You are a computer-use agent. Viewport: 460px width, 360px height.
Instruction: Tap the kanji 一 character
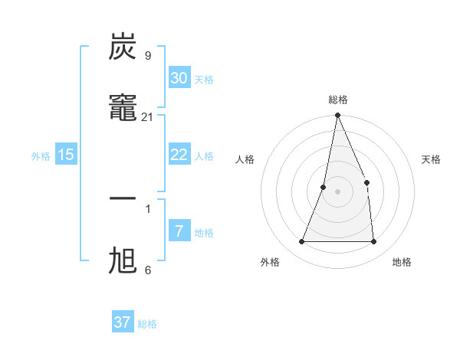(x=123, y=198)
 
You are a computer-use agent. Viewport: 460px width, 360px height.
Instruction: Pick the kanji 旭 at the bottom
(x=123, y=260)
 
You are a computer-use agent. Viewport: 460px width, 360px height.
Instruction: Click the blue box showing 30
(x=179, y=78)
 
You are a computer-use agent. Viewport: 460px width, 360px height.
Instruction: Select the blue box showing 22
(x=179, y=155)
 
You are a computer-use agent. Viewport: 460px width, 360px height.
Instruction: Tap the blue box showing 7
(x=179, y=231)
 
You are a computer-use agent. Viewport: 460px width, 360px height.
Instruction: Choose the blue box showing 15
(x=66, y=155)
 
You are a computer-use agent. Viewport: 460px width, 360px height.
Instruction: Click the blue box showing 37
(x=122, y=322)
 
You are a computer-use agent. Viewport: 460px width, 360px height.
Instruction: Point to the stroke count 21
(x=148, y=117)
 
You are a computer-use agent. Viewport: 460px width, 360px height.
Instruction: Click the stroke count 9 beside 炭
(x=148, y=56)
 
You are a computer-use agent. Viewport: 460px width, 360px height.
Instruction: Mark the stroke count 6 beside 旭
(x=148, y=270)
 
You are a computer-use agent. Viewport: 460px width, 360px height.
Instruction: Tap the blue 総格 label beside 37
(x=147, y=324)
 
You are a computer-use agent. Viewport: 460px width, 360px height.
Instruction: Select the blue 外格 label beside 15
(x=41, y=155)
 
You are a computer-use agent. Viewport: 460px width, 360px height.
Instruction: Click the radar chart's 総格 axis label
(x=338, y=100)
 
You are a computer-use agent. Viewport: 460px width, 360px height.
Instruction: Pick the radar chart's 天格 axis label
(x=432, y=159)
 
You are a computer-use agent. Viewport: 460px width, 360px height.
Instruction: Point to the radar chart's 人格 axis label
(x=245, y=159)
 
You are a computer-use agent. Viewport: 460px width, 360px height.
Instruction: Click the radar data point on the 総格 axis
(x=337, y=116)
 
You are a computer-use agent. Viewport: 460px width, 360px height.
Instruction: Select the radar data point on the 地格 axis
(x=373, y=241)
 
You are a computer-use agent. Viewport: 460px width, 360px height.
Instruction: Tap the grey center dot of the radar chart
(x=337, y=191)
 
